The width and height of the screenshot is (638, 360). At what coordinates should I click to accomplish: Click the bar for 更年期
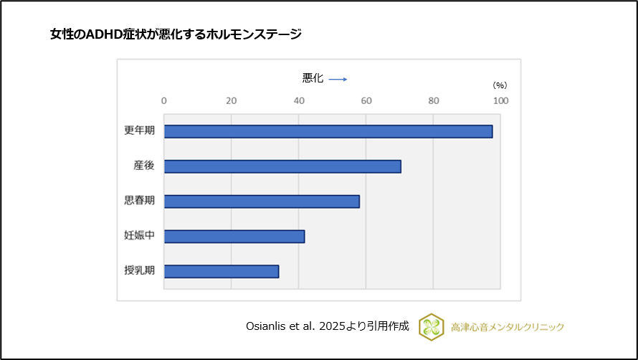coord(328,131)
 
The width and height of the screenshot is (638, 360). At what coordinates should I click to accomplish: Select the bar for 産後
coord(282,166)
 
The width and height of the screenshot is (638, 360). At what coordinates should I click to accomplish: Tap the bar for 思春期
coord(262,202)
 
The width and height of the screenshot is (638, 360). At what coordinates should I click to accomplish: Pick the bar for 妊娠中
coord(234,237)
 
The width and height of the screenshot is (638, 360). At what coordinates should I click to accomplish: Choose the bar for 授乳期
coord(222,272)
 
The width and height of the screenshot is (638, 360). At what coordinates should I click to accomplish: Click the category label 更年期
coord(139,131)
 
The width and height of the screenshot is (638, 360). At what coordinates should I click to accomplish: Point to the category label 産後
coord(143,166)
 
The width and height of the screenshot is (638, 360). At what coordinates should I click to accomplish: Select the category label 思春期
coord(139,202)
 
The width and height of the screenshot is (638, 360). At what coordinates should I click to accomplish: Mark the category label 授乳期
coord(139,272)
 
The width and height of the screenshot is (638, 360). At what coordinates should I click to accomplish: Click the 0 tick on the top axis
coord(164,101)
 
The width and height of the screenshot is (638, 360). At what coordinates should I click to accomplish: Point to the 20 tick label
coord(231,101)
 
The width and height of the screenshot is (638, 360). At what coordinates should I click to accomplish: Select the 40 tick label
coord(298,101)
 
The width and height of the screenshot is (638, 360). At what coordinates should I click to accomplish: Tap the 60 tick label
coord(366,101)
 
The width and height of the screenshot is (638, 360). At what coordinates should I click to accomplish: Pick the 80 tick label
coord(433,101)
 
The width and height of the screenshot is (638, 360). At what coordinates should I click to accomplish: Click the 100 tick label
coord(500,101)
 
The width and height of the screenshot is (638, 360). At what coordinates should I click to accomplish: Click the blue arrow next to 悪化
coord(338,80)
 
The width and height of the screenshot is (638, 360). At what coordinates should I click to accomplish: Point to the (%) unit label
coord(500,85)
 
